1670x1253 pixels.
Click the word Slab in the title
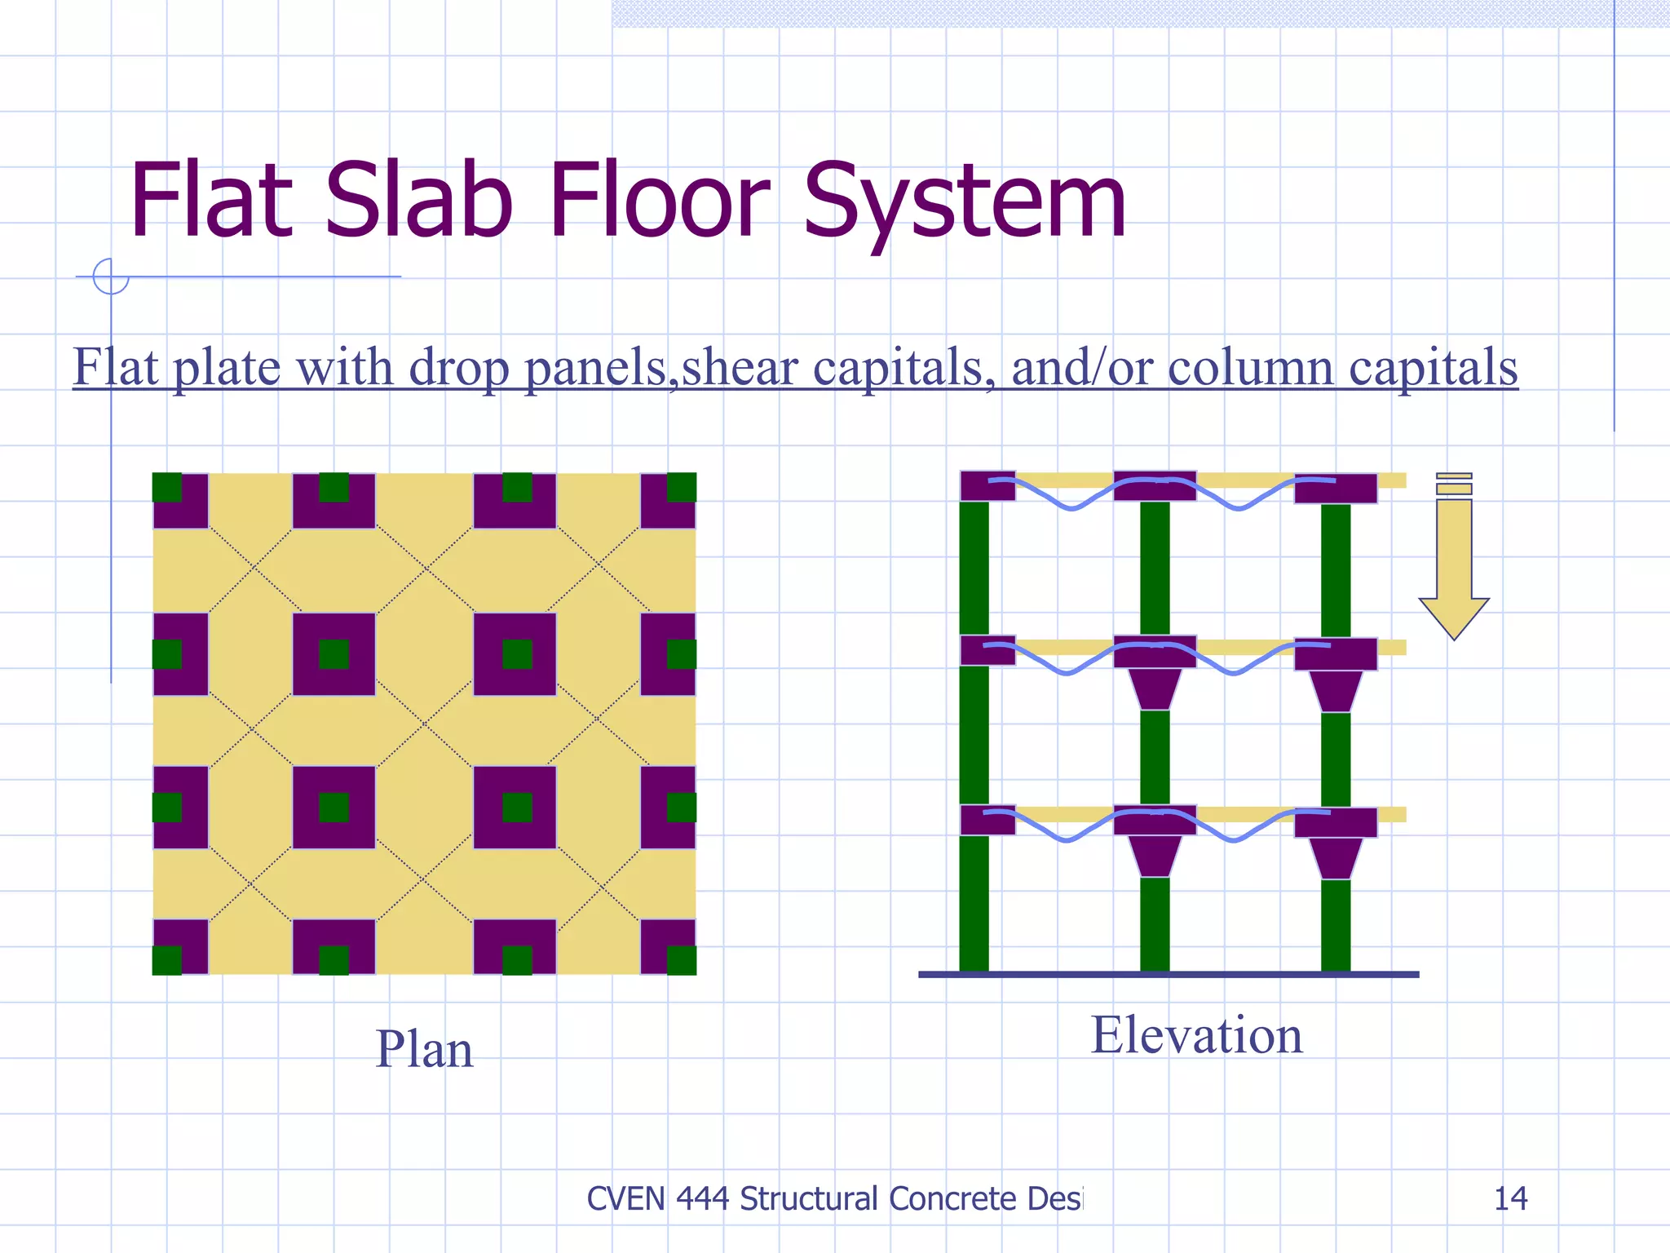(419, 201)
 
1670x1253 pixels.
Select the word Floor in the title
(659, 201)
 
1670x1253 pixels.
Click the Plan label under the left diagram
(424, 1049)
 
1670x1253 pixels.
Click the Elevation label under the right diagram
(1196, 1035)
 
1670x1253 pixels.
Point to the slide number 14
(1510, 1198)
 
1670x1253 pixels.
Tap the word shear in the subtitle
(740, 367)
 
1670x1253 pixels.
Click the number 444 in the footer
(702, 1198)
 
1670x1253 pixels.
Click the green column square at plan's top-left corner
(167, 487)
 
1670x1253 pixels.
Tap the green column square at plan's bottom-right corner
(682, 960)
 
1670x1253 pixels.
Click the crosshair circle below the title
(111, 277)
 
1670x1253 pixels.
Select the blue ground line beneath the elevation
(1169, 974)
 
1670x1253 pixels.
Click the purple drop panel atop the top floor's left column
(987, 486)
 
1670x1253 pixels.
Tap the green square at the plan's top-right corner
(682, 487)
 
